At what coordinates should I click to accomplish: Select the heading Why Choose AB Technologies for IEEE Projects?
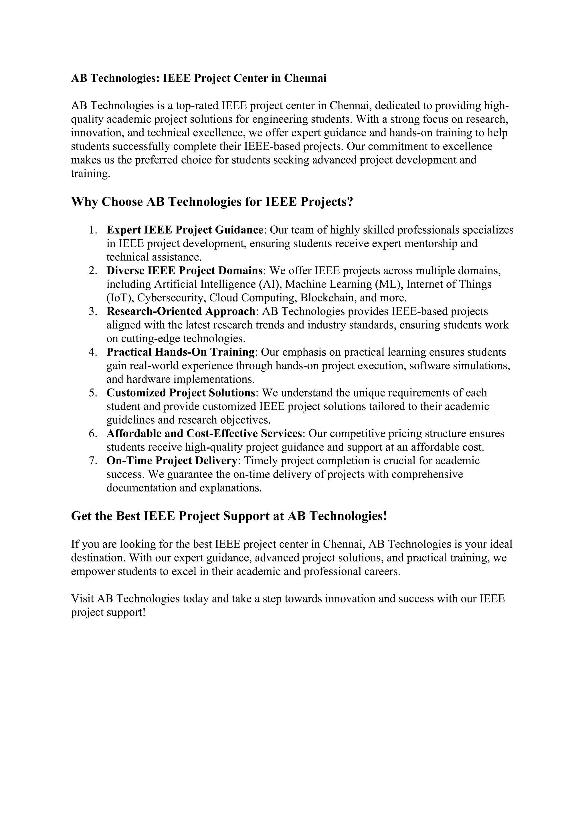(212, 202)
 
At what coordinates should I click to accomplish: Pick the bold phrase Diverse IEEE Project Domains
(184, 270)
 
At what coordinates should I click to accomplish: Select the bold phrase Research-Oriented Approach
(181, 311)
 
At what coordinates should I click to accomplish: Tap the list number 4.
(93, 352)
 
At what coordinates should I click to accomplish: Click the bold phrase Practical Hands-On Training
(181, 352)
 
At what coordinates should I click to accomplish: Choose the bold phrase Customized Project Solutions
(181, 393)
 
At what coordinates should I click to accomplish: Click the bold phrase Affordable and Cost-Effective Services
(204, 433)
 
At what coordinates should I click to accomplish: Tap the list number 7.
(93, 461)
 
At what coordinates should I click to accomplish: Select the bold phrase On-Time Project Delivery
(172, 461)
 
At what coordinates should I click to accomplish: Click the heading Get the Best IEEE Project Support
(229, 516)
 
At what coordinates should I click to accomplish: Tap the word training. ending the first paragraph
(90, 174)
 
